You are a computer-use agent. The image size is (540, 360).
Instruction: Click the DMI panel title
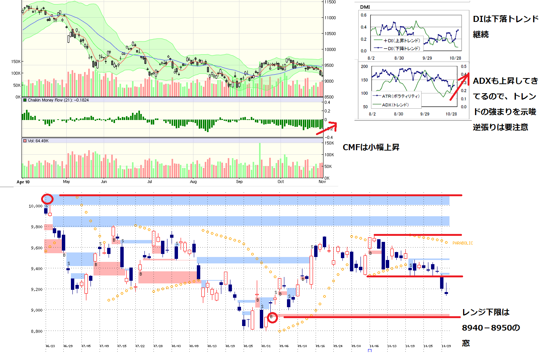coord(365,7)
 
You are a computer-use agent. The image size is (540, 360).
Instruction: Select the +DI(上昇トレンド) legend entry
coord(401,40)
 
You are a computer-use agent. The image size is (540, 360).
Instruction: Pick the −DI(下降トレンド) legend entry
coord(401,48)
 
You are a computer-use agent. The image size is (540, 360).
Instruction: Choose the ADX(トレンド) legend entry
coord(395,105)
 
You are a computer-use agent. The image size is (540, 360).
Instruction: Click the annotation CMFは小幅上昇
coord(371,147)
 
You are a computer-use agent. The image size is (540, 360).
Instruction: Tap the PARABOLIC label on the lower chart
coord(463,243)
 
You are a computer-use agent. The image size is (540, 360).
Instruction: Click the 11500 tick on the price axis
coord(330,2)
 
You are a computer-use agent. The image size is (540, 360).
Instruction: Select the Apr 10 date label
coord(23,182)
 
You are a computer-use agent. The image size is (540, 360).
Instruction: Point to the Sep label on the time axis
coord(239,182)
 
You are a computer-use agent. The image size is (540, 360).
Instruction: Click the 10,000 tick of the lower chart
coord(35,206)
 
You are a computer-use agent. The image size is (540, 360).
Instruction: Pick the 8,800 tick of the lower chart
coord(37,331)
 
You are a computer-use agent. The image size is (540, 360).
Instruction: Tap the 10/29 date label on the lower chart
coord(446,346)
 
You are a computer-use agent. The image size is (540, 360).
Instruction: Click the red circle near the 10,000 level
coord(47,199)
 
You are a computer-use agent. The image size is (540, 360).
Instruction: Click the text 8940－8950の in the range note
coord(491,328)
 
